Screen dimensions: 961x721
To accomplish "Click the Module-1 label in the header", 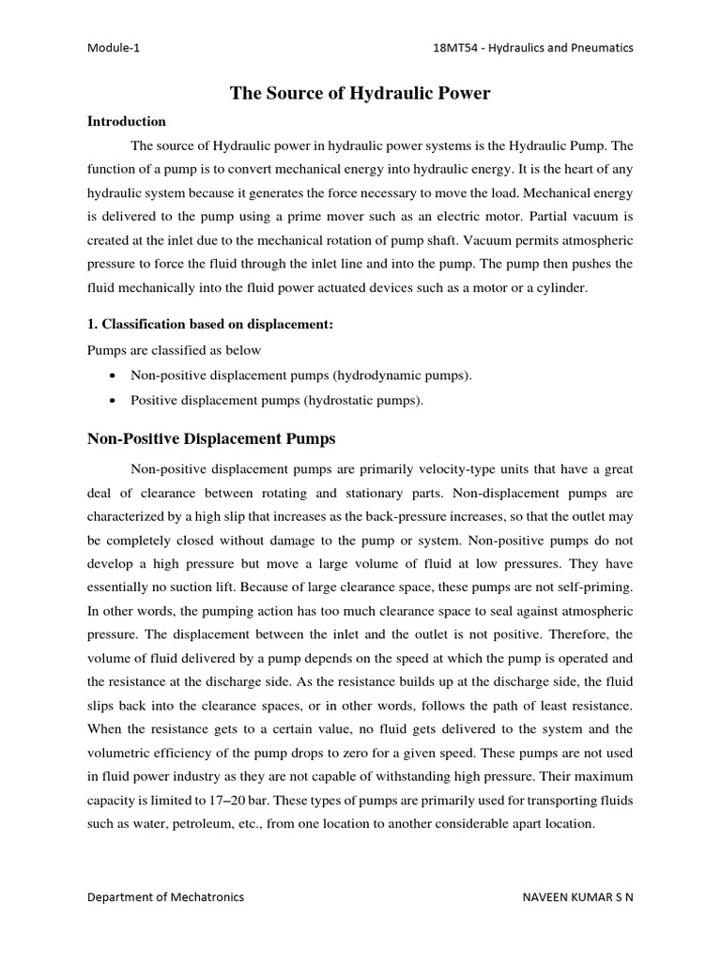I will [115, 48].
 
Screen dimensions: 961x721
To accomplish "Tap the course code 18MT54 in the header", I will [450, 48].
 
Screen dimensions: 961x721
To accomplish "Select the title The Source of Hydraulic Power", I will [360, 93].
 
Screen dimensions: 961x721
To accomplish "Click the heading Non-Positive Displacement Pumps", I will [211, 438].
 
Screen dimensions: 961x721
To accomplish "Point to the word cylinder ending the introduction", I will [561, 288].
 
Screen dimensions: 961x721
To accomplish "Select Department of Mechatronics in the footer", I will [165, 896].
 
